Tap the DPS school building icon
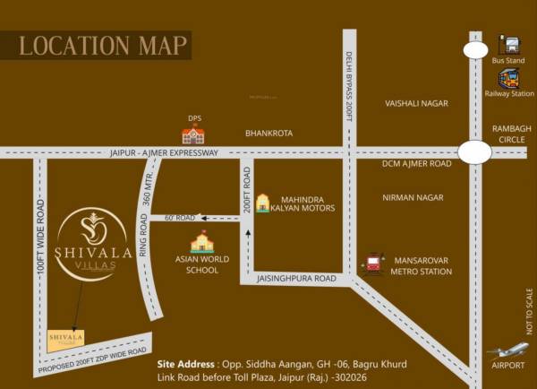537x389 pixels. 192,135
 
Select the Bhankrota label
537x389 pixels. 268,134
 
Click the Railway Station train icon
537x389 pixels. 508,78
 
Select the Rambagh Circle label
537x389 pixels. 511,134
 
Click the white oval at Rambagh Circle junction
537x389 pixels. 474,152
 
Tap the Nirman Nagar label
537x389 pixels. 413,197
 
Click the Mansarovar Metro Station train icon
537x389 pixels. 372,264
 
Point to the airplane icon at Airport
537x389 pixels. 507,350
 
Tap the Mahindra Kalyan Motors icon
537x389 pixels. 262,203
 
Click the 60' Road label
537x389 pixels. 179,218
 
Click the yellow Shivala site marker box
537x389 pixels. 65,339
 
